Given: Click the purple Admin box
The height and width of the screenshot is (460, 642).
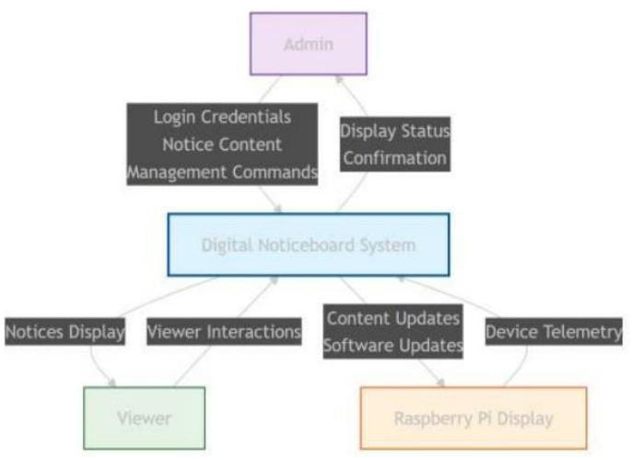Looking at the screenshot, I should point(309,43).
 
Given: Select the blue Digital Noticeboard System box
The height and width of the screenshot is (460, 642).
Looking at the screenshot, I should point(309,245).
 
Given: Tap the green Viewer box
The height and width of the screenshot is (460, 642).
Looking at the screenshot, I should point(144,419).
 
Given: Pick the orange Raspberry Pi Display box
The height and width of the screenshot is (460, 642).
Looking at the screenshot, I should point(473,419).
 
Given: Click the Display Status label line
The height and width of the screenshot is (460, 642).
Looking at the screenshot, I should point(395,131).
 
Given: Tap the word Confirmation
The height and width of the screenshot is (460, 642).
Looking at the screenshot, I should point(395,158).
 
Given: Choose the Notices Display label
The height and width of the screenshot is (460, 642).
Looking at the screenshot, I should point(64,331).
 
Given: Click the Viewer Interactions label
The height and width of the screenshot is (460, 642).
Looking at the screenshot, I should point(223,331).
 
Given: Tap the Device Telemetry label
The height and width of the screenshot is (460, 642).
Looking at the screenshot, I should point(554,331).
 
